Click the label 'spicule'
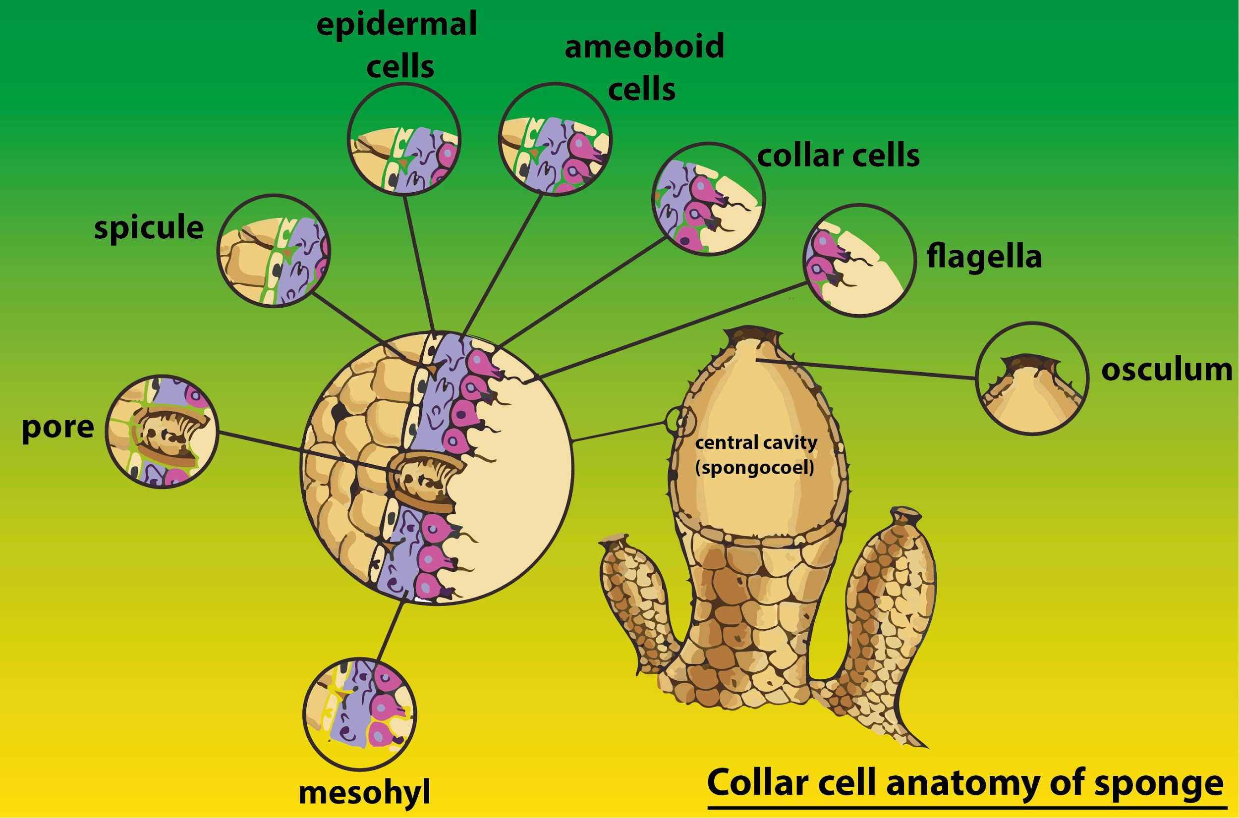(149, 228)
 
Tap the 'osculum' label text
(1167, 370)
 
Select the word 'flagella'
(984, 257)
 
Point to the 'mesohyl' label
(365, 793)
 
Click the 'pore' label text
(58, 427)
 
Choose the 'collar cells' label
(838, 156)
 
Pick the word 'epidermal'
(396, 24)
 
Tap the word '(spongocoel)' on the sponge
(754, 467)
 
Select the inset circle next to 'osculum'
(1032, 378)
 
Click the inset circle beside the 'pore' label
(162, 432)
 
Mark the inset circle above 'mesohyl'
(360, 713)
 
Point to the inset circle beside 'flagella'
(859, 260)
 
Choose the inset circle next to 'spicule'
(274, 251)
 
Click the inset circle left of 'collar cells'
(708, 199)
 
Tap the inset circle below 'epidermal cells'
(404, 139)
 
